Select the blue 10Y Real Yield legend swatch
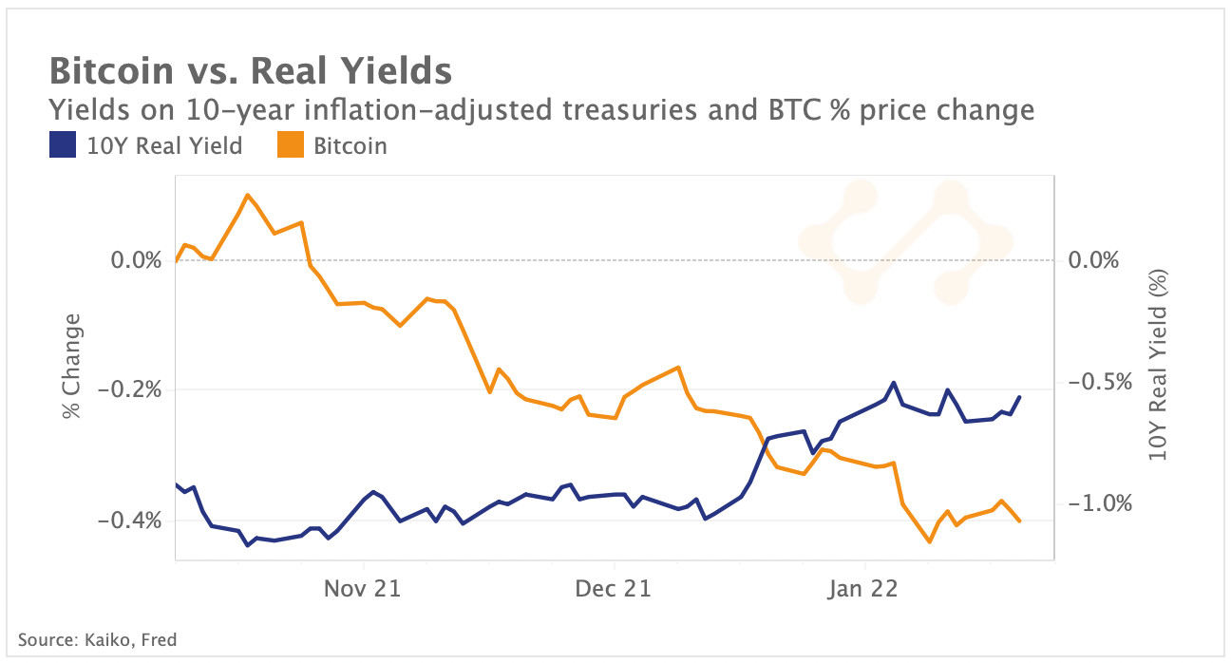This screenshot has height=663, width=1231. pos(62,146)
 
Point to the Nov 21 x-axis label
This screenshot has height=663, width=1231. pos(362,589)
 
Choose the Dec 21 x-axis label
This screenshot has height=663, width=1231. pos(614,589)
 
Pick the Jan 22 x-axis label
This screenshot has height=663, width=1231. pos(860,589)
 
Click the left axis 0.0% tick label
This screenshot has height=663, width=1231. pos(137,259)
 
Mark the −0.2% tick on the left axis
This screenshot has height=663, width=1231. pos(129,389)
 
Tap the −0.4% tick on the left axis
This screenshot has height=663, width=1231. pos(129,521)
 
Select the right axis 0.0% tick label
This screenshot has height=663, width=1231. pos(1094,259)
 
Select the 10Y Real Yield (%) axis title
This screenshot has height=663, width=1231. pos(1157,365)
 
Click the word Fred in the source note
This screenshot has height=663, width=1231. pos(158,639)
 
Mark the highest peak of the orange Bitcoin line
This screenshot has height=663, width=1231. pos(248,195)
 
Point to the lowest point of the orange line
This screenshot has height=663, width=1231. pos(929,542)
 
